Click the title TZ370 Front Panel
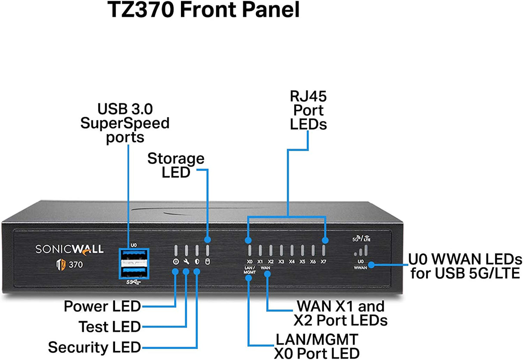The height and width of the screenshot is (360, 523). click(203, 10)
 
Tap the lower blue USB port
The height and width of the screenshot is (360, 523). click(133, 272)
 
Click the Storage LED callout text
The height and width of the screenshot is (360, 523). click(176, 165)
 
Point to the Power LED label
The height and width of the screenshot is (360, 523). click(102, 307)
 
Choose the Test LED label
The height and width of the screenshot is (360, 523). click(109, 327)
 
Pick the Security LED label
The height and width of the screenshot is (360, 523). click(94, 347)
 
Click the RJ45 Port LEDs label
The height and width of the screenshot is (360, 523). click(308, 110)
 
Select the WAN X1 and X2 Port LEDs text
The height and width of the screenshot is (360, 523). click(340, 313)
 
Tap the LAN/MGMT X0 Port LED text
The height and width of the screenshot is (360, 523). click(317, 346)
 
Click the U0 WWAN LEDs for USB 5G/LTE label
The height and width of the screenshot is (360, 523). click(465, 266)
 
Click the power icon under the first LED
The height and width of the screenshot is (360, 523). click(175, 261)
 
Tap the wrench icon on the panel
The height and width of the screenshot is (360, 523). click(186, 261)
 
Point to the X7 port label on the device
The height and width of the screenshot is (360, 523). click(323, 261)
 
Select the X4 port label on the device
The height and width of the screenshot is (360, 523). click(292, 261)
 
